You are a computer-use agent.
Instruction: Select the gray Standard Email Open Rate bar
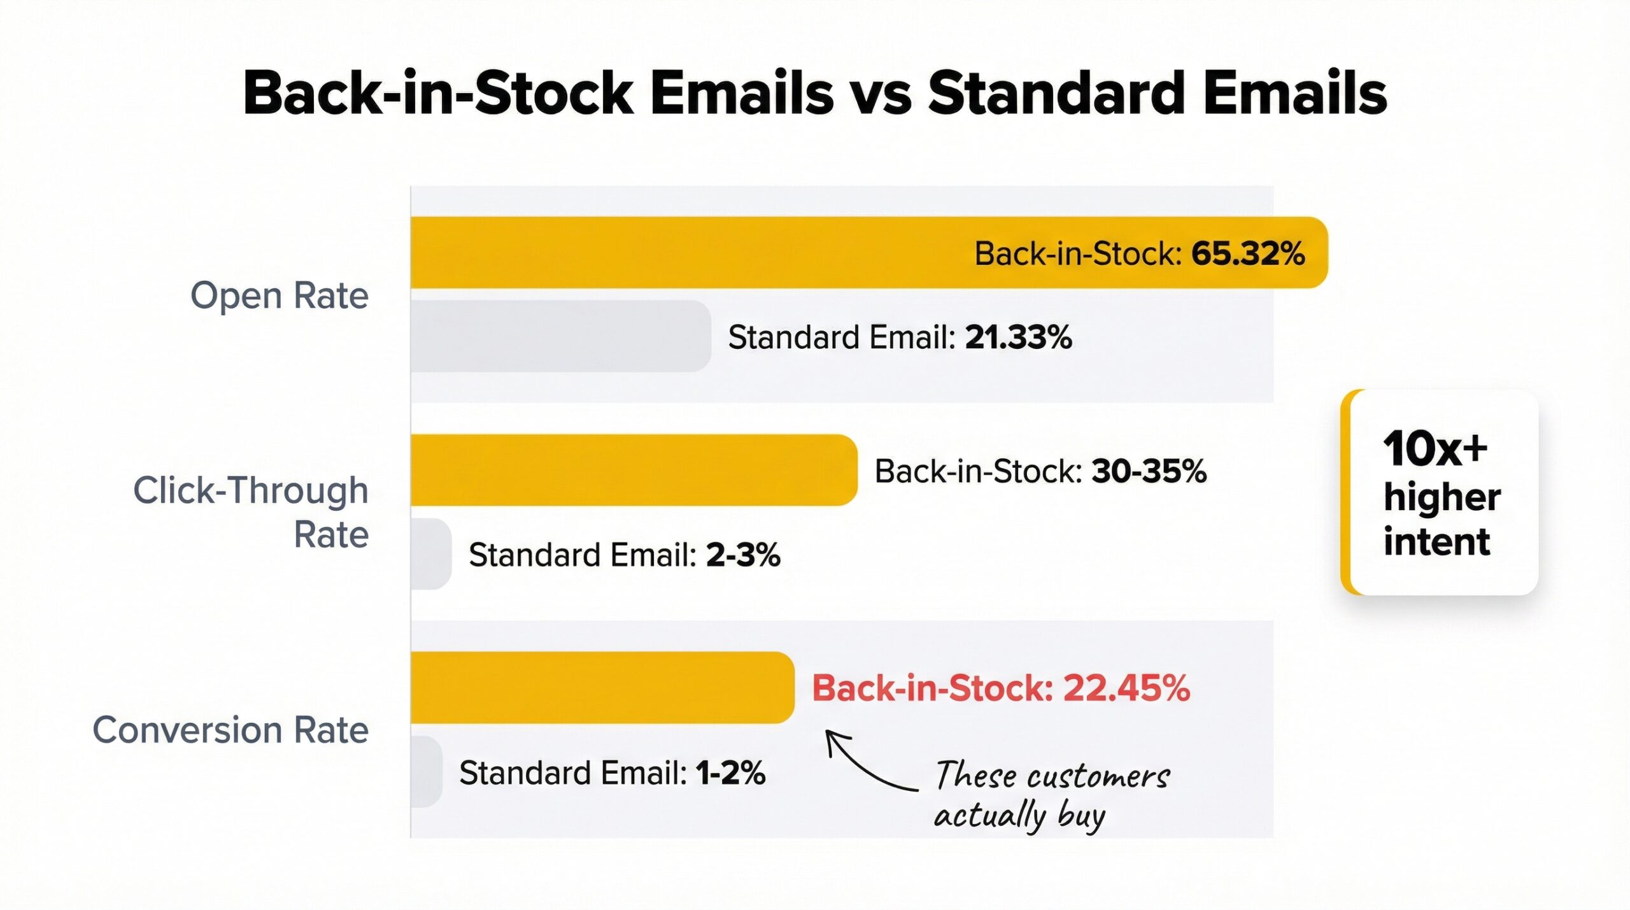(560, 336)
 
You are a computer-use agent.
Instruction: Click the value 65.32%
(1248, 253)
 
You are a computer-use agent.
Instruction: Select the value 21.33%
(1018, 337)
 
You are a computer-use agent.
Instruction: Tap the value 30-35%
(1149, 471)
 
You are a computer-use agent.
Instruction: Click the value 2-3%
(742, 555)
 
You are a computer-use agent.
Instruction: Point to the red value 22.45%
(1126, 688)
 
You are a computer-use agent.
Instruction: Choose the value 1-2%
(730, 772)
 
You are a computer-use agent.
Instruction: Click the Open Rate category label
(280, 295)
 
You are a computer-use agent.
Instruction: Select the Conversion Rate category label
(230, 730)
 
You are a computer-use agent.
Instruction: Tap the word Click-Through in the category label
(251, 491)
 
